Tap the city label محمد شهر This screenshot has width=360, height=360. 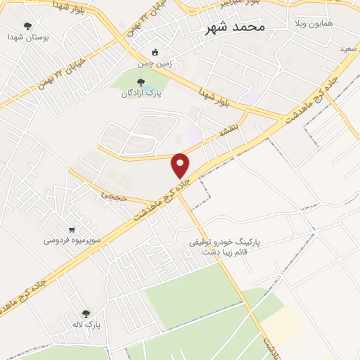point(234,27)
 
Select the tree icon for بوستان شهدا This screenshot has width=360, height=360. point(28,27)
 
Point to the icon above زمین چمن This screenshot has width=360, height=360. point(155,52)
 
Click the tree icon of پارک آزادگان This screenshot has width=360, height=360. point(128,83)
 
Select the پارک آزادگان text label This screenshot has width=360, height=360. point(137,94)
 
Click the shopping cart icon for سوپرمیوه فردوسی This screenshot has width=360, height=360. point(72,229)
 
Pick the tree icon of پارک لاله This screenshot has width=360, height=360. point(86,314)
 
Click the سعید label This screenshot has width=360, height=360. point(347,49)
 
